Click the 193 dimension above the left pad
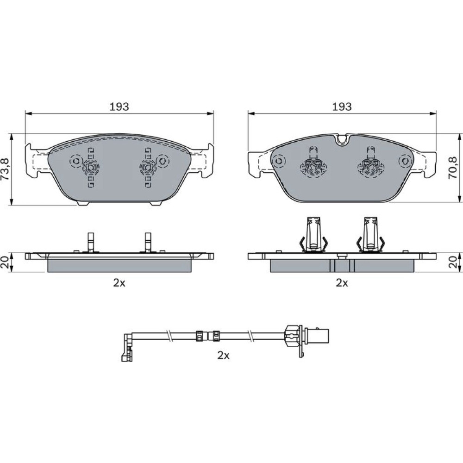(x=119, y=106)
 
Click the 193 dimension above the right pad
(x=342, y=106)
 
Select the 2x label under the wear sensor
(x=223, y=355)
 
